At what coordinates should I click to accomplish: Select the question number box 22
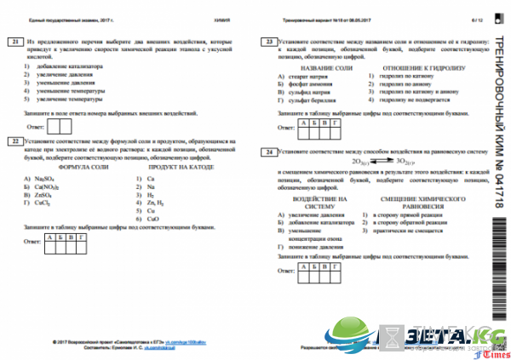(14, 140)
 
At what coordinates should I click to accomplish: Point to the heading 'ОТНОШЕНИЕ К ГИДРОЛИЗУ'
(411, 66)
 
